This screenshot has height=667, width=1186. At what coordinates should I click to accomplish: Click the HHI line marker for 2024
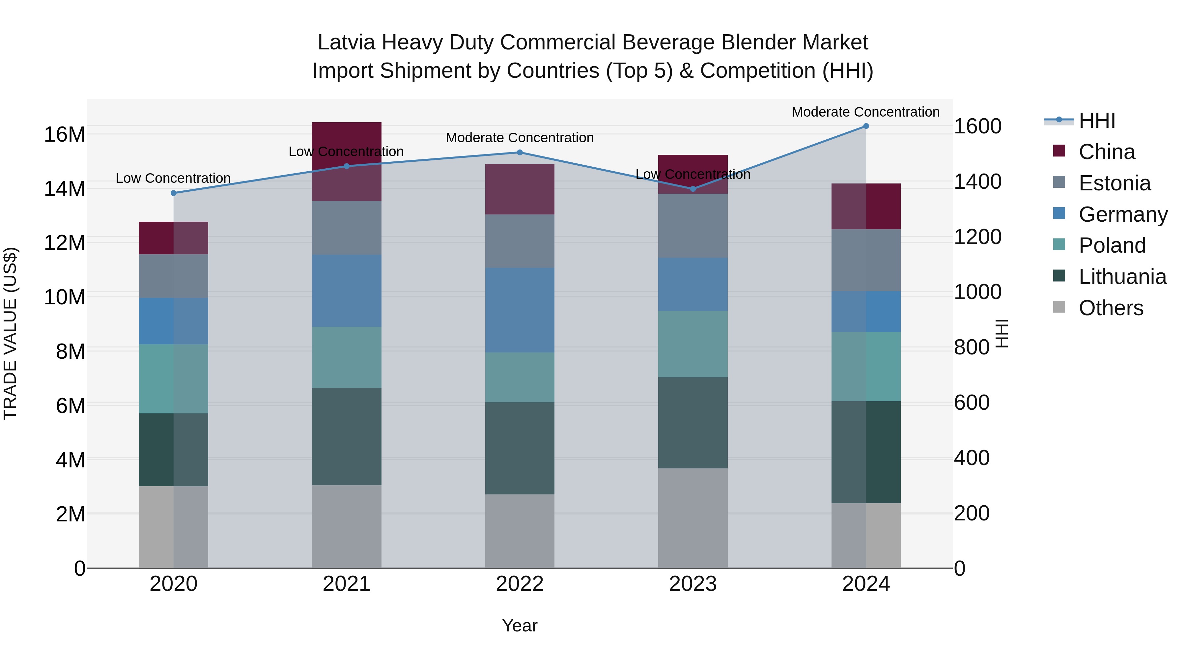865,126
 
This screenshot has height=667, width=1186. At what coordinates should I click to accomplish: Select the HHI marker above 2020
174,193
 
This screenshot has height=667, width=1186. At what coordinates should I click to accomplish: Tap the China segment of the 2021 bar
347,138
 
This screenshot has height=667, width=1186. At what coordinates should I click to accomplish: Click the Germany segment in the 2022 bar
520,310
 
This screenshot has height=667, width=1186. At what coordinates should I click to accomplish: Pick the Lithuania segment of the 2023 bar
693,423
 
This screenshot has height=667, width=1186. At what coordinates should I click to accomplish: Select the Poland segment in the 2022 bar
520,377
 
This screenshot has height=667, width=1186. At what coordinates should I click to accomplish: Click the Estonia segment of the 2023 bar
693,226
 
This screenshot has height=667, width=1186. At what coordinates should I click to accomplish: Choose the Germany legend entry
1122,214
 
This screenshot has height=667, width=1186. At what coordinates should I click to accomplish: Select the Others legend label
1111,308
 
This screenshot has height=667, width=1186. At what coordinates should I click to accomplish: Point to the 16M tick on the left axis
65,134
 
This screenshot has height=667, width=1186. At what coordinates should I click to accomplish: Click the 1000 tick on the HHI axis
977,292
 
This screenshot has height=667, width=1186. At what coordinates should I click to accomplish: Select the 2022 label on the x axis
520,584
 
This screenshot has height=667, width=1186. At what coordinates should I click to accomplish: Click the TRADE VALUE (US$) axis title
10,333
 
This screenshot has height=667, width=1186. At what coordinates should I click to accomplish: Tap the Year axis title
520,625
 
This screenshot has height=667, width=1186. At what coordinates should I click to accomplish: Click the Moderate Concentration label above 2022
520,138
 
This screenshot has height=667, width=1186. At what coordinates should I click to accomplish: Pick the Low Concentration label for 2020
173,178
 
